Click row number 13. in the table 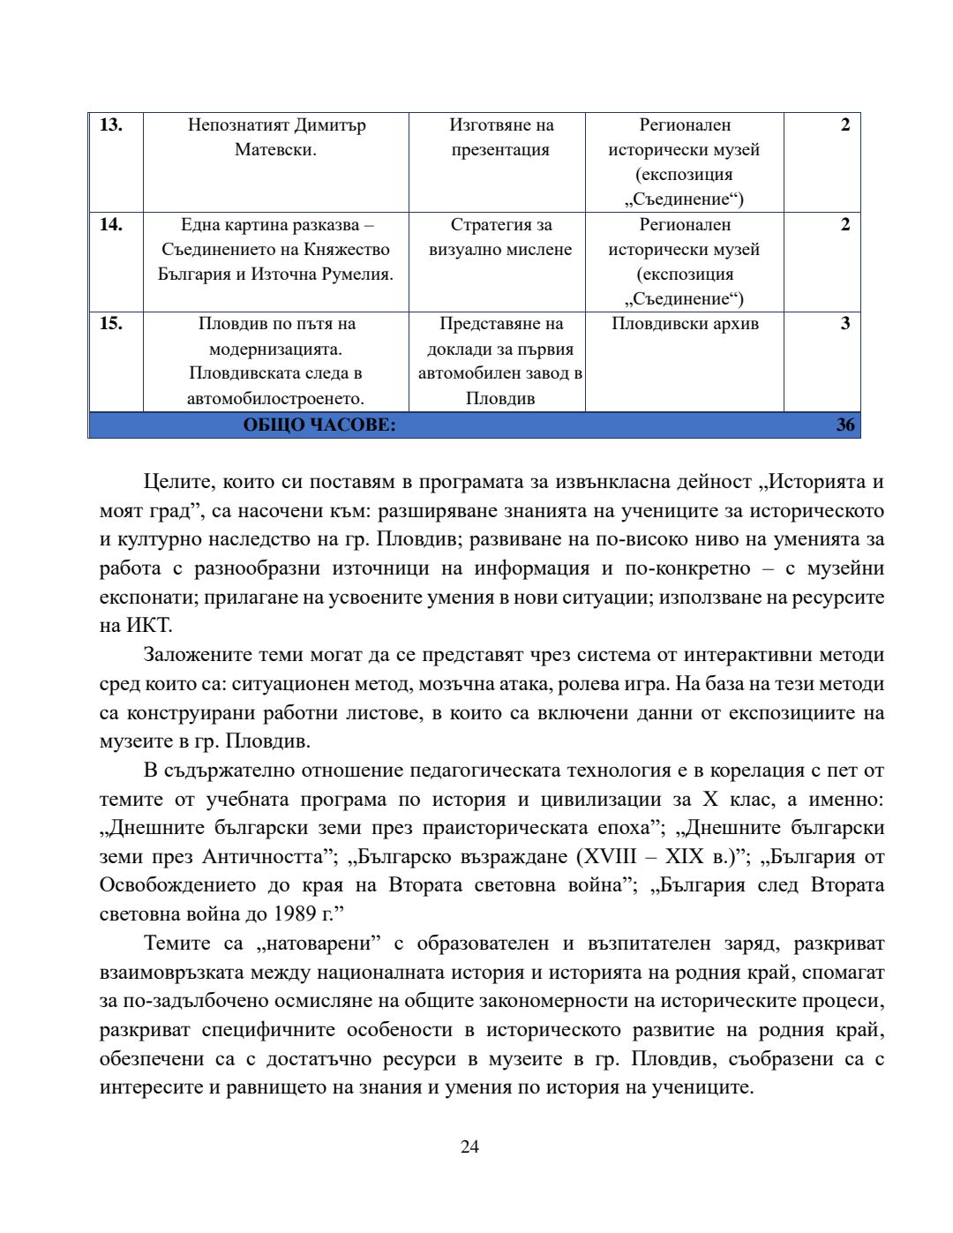point(110,125)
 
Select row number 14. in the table point(110,225)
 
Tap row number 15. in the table point(110,324)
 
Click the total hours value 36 point(844,425)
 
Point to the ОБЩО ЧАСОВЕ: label point(319,425)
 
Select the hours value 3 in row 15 point(844,324)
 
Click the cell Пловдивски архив point(685,324)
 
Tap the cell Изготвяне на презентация point(500,138)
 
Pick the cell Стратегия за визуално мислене point(500,237)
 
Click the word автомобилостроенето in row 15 point(275,399)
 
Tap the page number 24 point(469,1147)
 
